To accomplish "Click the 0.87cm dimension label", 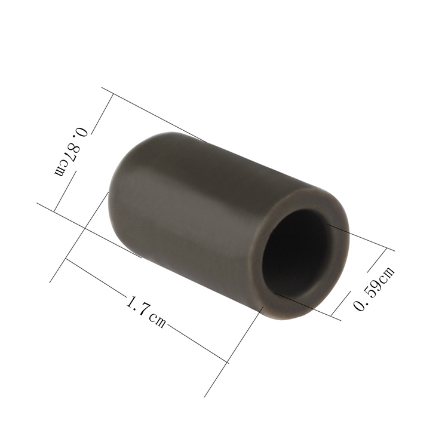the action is pyautogui.click(x=72, y=152).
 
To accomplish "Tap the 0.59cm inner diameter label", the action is pyautogui.click(x=374, y=288).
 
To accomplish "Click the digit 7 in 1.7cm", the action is pyautogui.click(x=143, y=309).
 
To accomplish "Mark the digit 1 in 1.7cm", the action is pyautogui.click(x=130, y=302).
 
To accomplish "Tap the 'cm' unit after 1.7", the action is pyautogui.click(x=158, y=321).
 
